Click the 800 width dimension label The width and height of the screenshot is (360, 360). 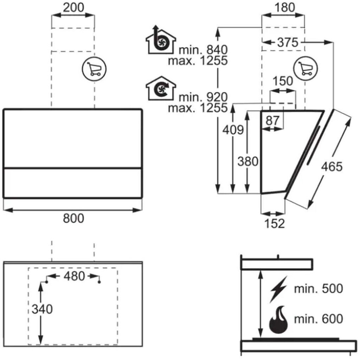pyautogui.click(x=73, y=218)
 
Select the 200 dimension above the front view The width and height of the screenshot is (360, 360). pyautogui.click(x=73, y=7)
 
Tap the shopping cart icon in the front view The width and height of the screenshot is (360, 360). pyautogui.click(x=94, y=69)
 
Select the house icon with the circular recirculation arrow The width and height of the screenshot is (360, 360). pyautogui.click(x=160, y=88)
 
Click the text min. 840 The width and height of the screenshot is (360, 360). pyautogui.click(x=203, y=50)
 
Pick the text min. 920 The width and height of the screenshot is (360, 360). pyautogui.click(x=203, y=97)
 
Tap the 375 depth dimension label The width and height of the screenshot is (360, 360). pyautogui.click(x=287, y=42)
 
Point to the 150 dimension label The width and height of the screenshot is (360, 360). pyautogui.click(x=282, y=81)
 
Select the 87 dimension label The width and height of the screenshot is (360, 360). pyautogui.click(x=273, y=120)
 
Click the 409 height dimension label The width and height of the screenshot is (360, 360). pyautogui.click(x=233, y=130)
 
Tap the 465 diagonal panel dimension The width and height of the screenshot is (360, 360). pyautogui.click(x=332, y=167)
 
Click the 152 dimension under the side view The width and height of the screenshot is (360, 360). pyautogui.click(x=275, y=223)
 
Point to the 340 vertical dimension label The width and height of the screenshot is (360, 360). pyautogui.click(x=42, y=309)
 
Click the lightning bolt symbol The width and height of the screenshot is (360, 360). pyautogui.click(x=278, y=289)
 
